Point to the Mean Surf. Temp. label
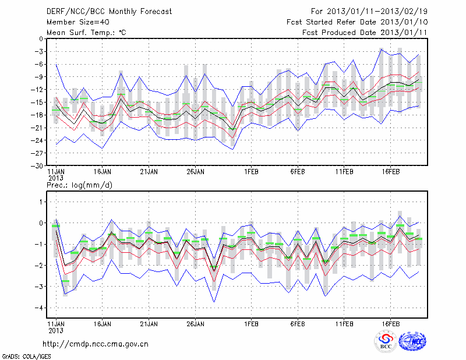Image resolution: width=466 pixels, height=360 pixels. pyautogui.click(x=86, y=33)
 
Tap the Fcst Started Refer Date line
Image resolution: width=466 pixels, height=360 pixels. pyautogui.click(x=357, y=22)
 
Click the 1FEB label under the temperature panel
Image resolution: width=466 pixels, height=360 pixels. pyautogui.click(x=252, y=172)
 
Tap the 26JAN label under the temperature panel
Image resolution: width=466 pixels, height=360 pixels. pyautogui.click(x=196, y=172)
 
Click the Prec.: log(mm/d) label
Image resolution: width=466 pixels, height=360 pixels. pyautogui.click(x=79, y=185)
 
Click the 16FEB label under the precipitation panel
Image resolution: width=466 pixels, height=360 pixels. pyautogui.click(x=390, y=322)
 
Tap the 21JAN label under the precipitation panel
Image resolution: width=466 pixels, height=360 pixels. pyautogui.click(x=149, y=322)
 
